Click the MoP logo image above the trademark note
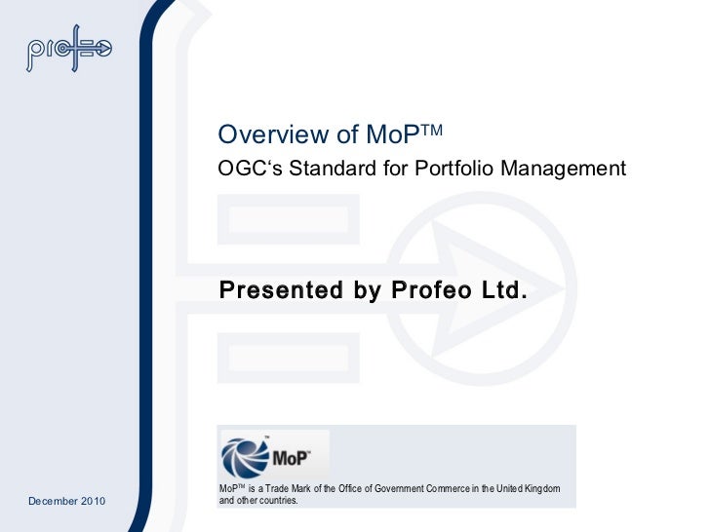click(x=275, y=455)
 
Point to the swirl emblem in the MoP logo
click(x=245, y=458)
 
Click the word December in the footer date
click(x=55, y=501)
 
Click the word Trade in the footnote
click(x=284, y=487)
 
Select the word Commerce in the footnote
click(x=458, y=487)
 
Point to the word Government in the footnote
click(x=405, y=487)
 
